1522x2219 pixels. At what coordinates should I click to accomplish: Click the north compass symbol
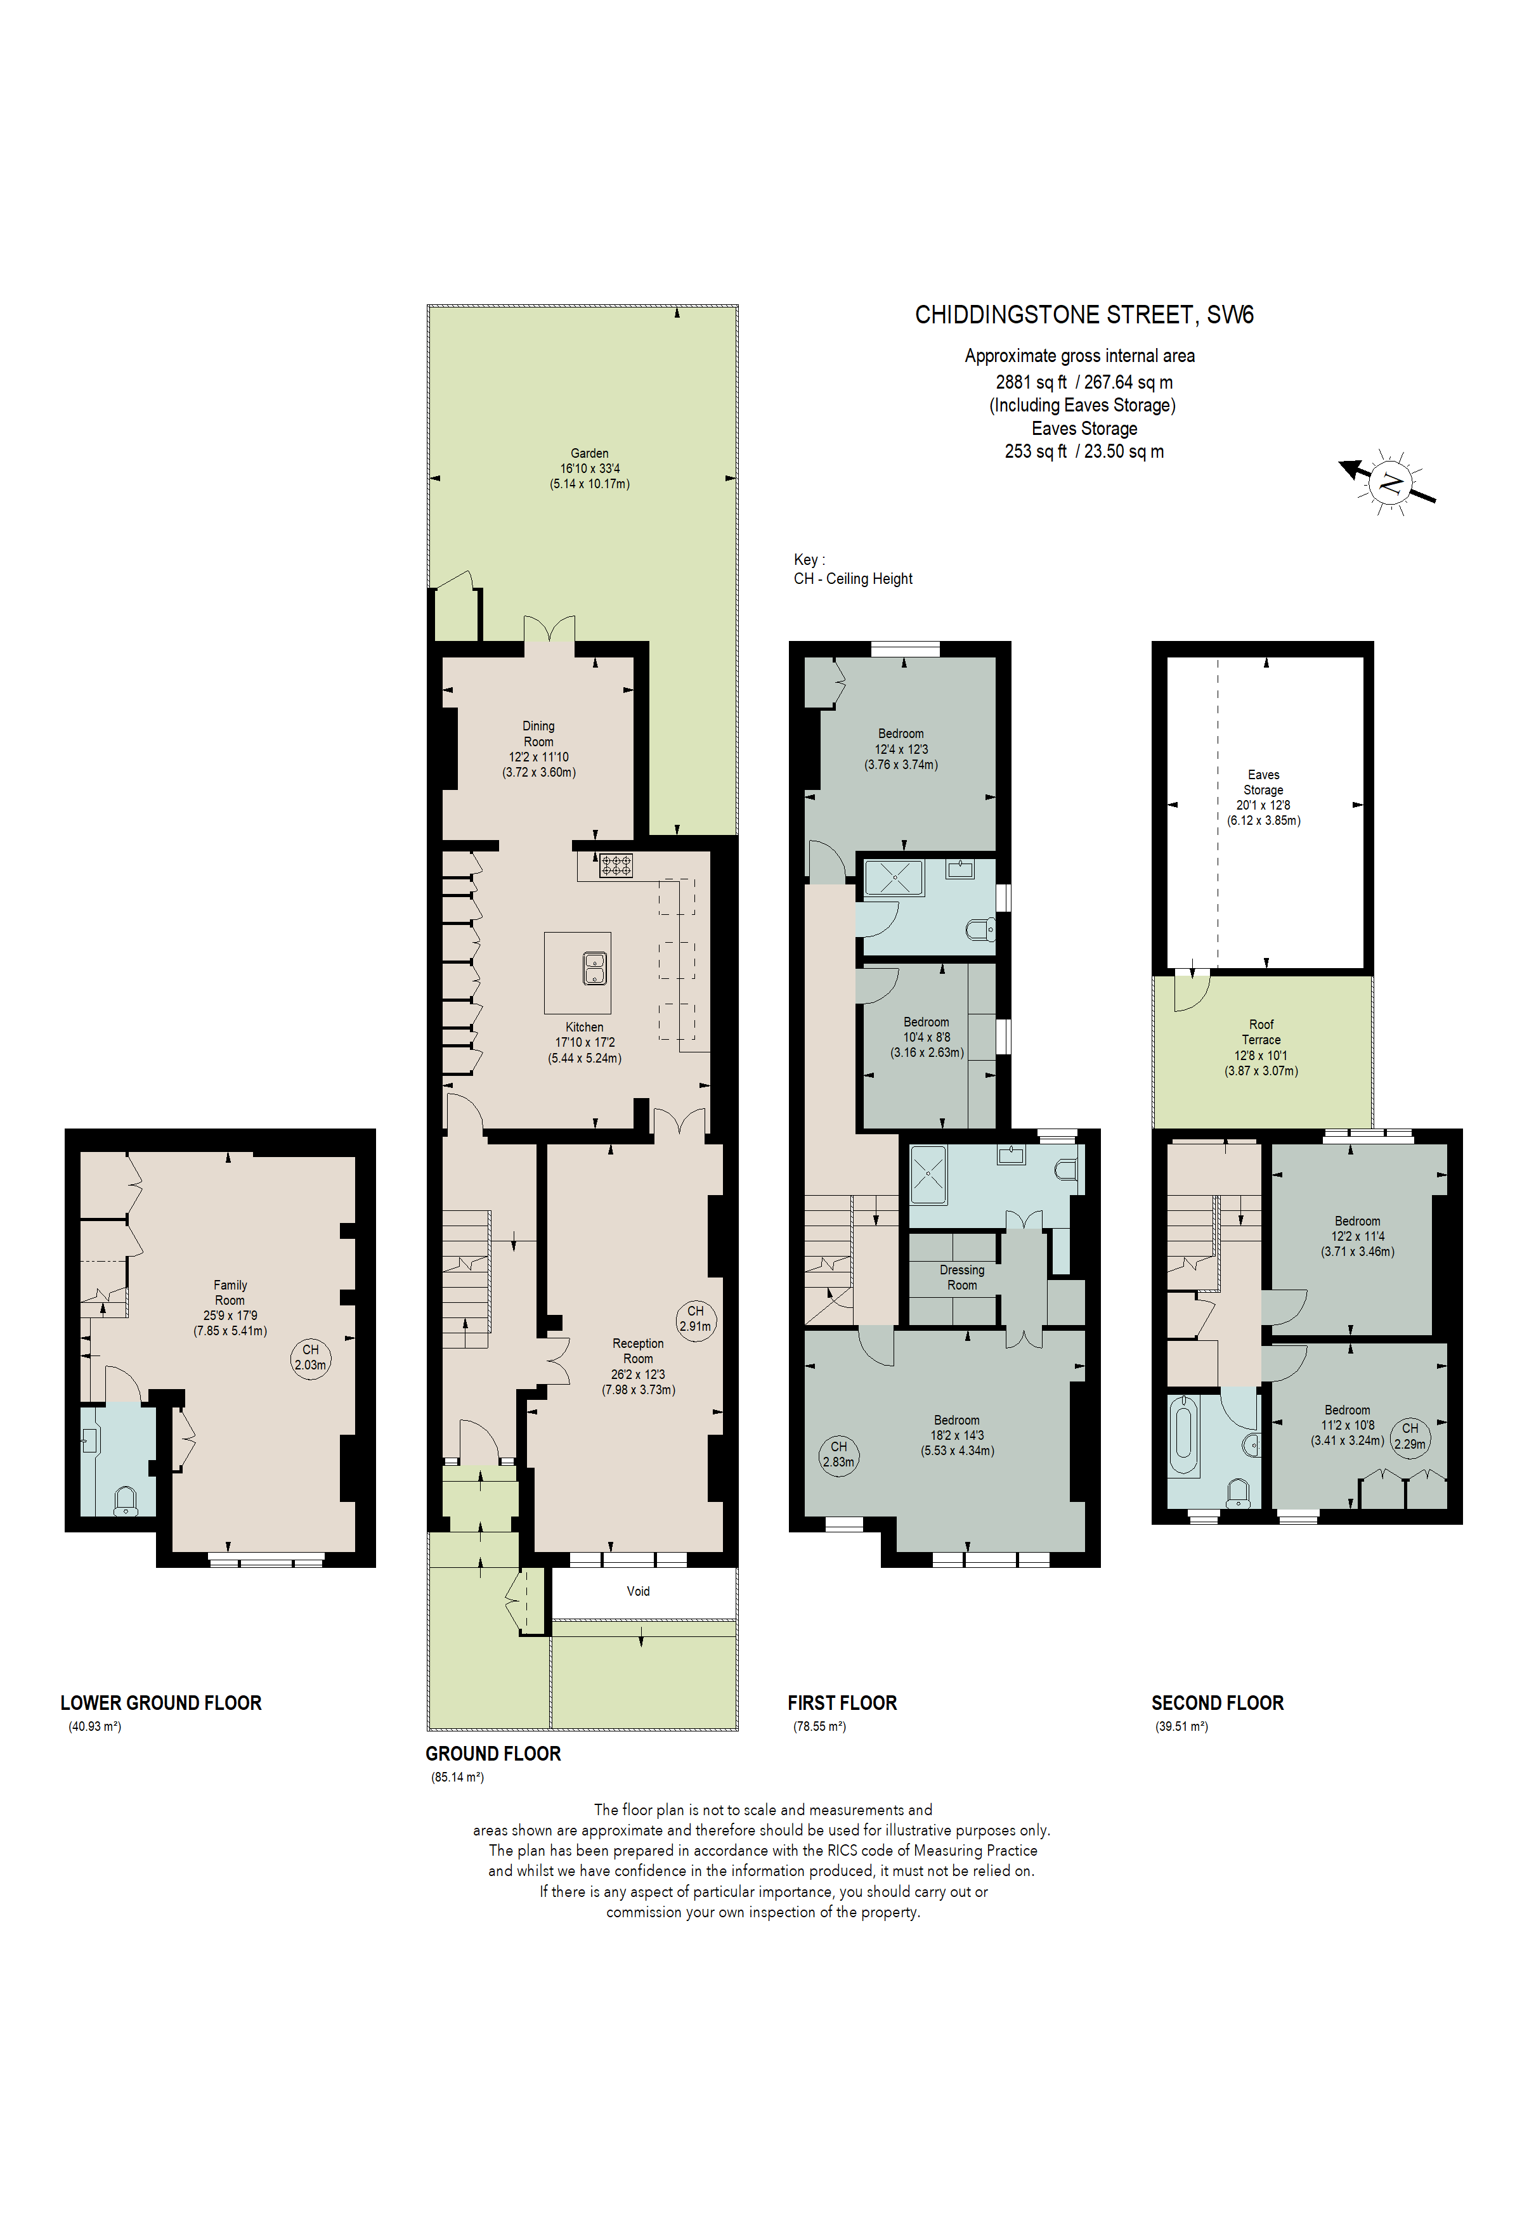point(1390,483)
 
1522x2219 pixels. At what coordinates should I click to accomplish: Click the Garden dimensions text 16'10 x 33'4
point(589,469)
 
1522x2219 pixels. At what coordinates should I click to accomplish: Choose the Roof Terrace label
point(1260,1032)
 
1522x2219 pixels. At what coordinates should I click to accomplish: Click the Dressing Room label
point(961,1278)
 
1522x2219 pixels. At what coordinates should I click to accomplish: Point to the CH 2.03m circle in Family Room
point(310,1357)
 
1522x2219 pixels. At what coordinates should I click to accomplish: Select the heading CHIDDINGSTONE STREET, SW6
point(1084,315)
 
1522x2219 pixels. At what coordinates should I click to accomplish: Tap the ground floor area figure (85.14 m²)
point(457,1778)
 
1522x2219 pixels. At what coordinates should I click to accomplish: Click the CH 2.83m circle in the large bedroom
point(838,1454)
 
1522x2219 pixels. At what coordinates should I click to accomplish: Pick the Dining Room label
point(538,734)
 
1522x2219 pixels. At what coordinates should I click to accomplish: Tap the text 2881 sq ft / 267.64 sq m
point(1084,382)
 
